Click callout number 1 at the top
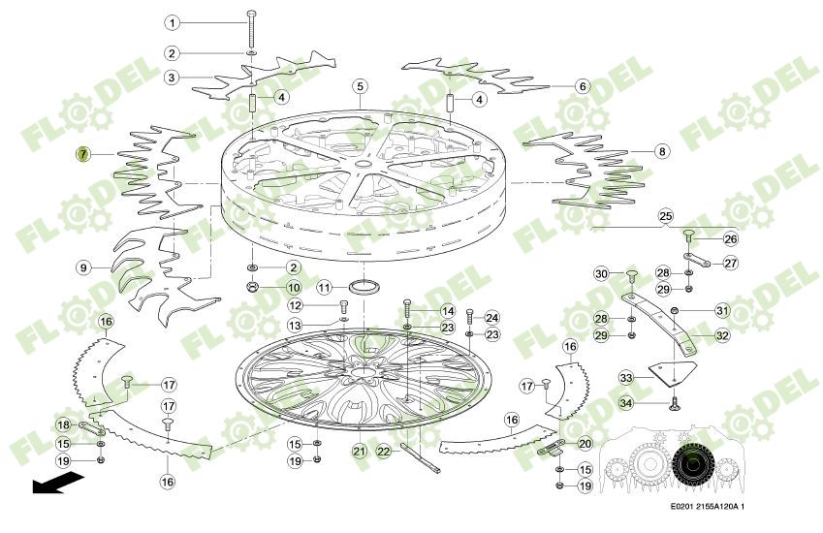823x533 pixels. coord(172,22)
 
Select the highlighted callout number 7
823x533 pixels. coord(84,154)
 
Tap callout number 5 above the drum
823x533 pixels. coord(360,86)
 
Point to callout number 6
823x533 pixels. coord(583,86)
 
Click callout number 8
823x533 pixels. coord(662,152)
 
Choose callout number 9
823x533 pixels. coord(84,266)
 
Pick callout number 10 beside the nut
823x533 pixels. coord(294,288)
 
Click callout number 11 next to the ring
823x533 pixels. coord(325,288)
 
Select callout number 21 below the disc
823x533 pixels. coord(359,452)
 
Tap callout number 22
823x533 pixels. coord(384,452)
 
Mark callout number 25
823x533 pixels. coord(665,215)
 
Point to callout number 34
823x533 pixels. coord(626,402)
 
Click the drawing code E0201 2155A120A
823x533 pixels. coord(712,507)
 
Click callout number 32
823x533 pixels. coord(722,336)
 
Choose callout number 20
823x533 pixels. coord(585,443)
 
